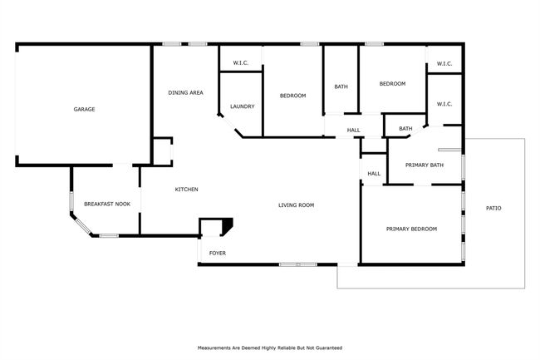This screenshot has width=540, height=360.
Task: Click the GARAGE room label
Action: pos(84,109)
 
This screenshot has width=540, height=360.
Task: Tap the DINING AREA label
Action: pos(185,92)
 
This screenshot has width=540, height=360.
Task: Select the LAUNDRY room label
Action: pos(242,106)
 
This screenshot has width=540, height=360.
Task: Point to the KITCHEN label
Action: pos(186,189)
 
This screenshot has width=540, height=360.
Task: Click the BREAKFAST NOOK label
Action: pos(107,204)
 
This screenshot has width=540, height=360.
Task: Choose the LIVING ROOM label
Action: pos(297,205)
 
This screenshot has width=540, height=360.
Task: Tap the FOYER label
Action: pos(218,254)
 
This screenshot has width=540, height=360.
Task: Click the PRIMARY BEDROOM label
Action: pos(411,229)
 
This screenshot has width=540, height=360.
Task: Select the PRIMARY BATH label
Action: pos(425,165)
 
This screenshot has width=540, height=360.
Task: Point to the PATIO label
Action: pos(493,208)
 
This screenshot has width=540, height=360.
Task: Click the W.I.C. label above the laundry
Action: pos(241,62)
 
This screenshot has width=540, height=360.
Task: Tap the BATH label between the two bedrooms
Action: pos(341,86)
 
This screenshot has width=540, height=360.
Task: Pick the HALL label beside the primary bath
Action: pos(374,174)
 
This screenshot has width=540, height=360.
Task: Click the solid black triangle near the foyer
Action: pos(228,224)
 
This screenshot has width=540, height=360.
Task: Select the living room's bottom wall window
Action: pos(298,264)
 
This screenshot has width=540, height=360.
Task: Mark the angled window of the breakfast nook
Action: pos(82,224)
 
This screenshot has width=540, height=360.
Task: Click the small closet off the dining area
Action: pos(162,152)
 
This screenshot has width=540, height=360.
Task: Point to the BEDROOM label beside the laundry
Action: pos(292,96)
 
